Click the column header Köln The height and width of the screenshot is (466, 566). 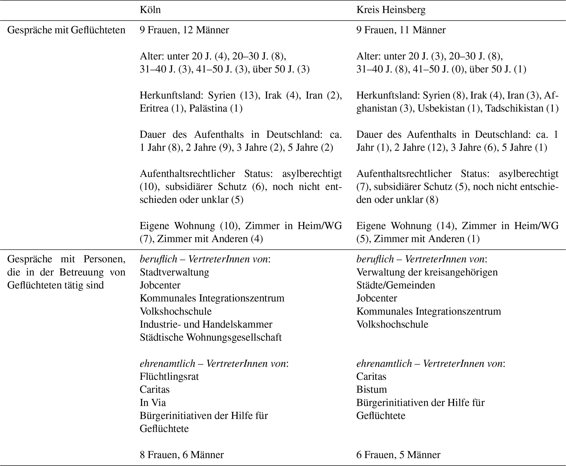(x=150, y=10)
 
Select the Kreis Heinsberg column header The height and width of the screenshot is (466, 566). (x=391, y=10)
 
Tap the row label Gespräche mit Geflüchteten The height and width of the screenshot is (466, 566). (x=66, y=30)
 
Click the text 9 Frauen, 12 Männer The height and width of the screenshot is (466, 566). (x=184, y=30)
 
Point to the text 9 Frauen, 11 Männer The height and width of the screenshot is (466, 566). (x=401, y=30)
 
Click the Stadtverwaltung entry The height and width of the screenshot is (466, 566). (x=174, y=272)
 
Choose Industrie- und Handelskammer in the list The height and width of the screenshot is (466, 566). (x=206, y=324)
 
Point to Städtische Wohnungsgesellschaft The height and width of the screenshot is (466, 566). (x=211, y=337)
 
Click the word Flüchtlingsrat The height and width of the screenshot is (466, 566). (x=169, y=376)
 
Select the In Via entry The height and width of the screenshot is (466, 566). (x=153, y=403)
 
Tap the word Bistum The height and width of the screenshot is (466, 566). (x=372, y=390)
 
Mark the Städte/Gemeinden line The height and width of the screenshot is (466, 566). (x=395, y=285)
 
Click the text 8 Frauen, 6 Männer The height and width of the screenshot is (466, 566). (x=182, y=455)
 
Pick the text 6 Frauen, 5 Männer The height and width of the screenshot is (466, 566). (x=398, y=455)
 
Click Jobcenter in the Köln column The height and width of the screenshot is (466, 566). (x=160, y=285)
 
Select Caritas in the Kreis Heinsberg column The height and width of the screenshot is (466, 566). (x=371, y=376)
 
